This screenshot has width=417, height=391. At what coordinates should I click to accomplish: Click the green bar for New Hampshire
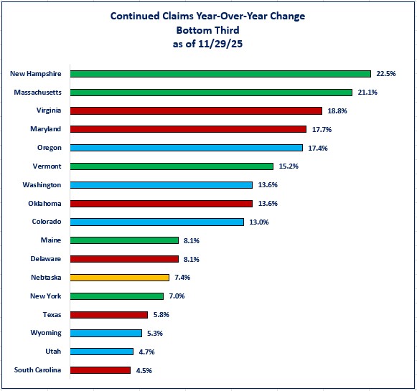point(220,73)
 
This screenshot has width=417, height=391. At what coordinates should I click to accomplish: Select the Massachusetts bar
point(211,92)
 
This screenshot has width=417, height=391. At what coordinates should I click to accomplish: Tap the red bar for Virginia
point(196,110)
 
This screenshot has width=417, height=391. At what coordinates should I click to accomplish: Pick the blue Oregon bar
point(187,148)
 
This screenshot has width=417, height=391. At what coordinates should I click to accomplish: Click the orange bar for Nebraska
point(120,277)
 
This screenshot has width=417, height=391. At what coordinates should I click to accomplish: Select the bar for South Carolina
point(100,370)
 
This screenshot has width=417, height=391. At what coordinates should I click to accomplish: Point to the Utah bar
point(102,352)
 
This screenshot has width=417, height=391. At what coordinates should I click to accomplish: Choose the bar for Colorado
point(157,222)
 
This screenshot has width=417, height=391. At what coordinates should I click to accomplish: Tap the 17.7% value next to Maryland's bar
point(320,129)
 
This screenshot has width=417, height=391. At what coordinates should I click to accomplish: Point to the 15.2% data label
point(288,166)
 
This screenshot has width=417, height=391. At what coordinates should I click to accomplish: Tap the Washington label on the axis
point(42,184)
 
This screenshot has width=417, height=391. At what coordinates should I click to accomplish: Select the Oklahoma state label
point(44,203)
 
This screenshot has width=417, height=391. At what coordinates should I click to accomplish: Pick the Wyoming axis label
point(46,333)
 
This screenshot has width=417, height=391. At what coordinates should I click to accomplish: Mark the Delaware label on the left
point(46,258)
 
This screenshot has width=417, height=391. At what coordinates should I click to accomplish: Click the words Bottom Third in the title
point(207,29)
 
